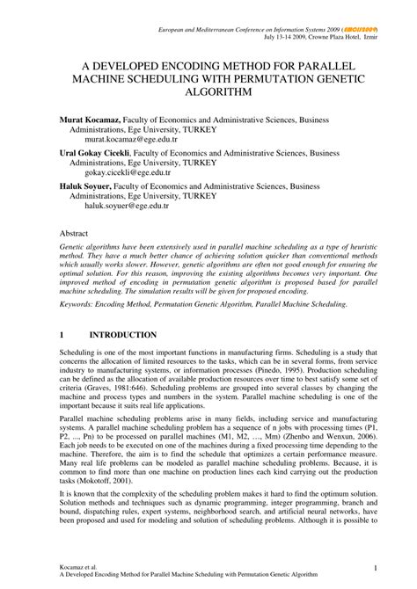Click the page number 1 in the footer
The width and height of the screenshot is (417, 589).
375,567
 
